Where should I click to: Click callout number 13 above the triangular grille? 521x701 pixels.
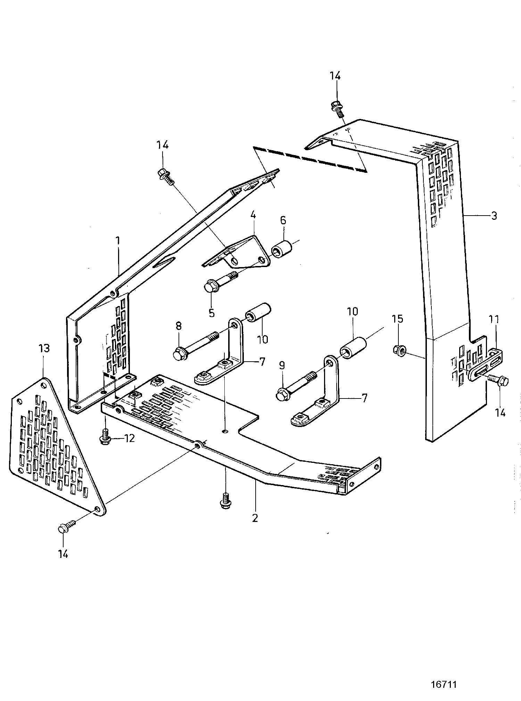click(44, 348)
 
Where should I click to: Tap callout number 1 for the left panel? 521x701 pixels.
click(118, 240)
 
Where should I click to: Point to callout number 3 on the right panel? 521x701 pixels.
click(494, 216)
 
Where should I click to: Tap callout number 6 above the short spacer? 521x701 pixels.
click(283, 220)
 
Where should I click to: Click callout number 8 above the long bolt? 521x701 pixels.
click(179, 326)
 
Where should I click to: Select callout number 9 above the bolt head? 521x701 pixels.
click(282, 365)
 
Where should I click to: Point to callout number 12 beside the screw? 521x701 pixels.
click(129, 439)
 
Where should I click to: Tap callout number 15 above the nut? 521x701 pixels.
click(398, 319)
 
